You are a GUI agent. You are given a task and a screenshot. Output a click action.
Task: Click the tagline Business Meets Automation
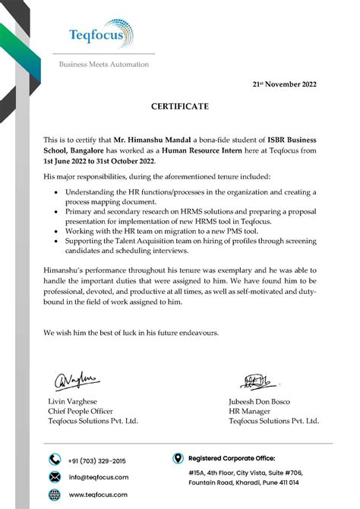coord(104,65)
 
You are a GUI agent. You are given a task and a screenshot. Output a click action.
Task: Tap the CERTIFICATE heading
coord(180,107)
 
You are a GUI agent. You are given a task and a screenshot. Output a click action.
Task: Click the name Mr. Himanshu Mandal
coord(153,141)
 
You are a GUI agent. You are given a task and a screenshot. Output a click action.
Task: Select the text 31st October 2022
coord(124,162)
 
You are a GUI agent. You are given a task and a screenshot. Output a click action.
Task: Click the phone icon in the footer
coord(55,460)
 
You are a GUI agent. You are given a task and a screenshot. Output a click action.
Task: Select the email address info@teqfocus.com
coord(99,477)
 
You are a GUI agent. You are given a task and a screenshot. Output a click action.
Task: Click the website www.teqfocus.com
coord(98,495)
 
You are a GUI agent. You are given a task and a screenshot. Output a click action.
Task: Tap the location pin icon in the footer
coord(178,458)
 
